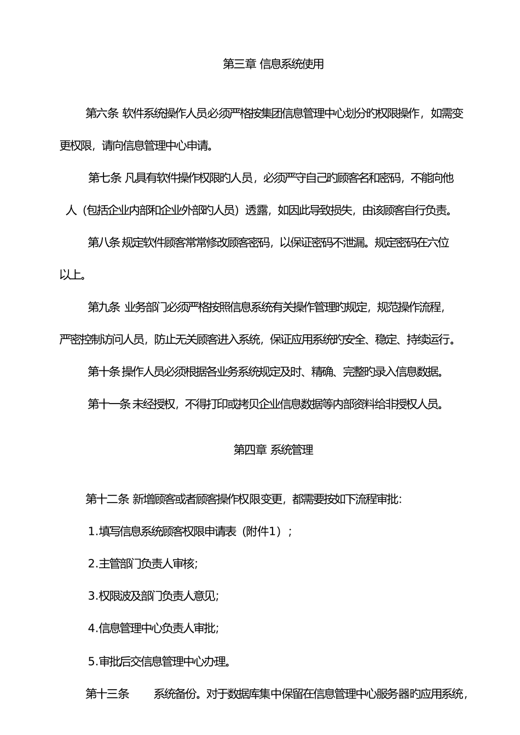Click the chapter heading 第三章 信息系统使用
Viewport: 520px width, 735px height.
click(x=273, y=64)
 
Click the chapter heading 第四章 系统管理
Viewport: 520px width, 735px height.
click(x=273, y=450)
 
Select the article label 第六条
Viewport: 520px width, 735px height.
click(x=102, y=113)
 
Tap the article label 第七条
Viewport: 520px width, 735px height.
click(x=105, y=178)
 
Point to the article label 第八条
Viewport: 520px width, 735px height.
click(x=104, y=242)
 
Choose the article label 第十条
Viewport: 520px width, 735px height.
click(x=104, y=372)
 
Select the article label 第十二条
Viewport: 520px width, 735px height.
click(x=107, y=499)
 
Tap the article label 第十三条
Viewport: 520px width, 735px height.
click(x=107, y=694)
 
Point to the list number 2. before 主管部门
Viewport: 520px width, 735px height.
click(x=93, y=563)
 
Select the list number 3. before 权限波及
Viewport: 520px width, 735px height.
click(x=93, y=596)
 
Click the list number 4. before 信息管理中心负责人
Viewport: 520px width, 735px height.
click(x=93, y=628)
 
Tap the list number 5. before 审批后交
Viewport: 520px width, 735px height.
click(x=93, y=661)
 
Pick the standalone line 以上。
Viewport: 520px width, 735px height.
click(x=73, y=275)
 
